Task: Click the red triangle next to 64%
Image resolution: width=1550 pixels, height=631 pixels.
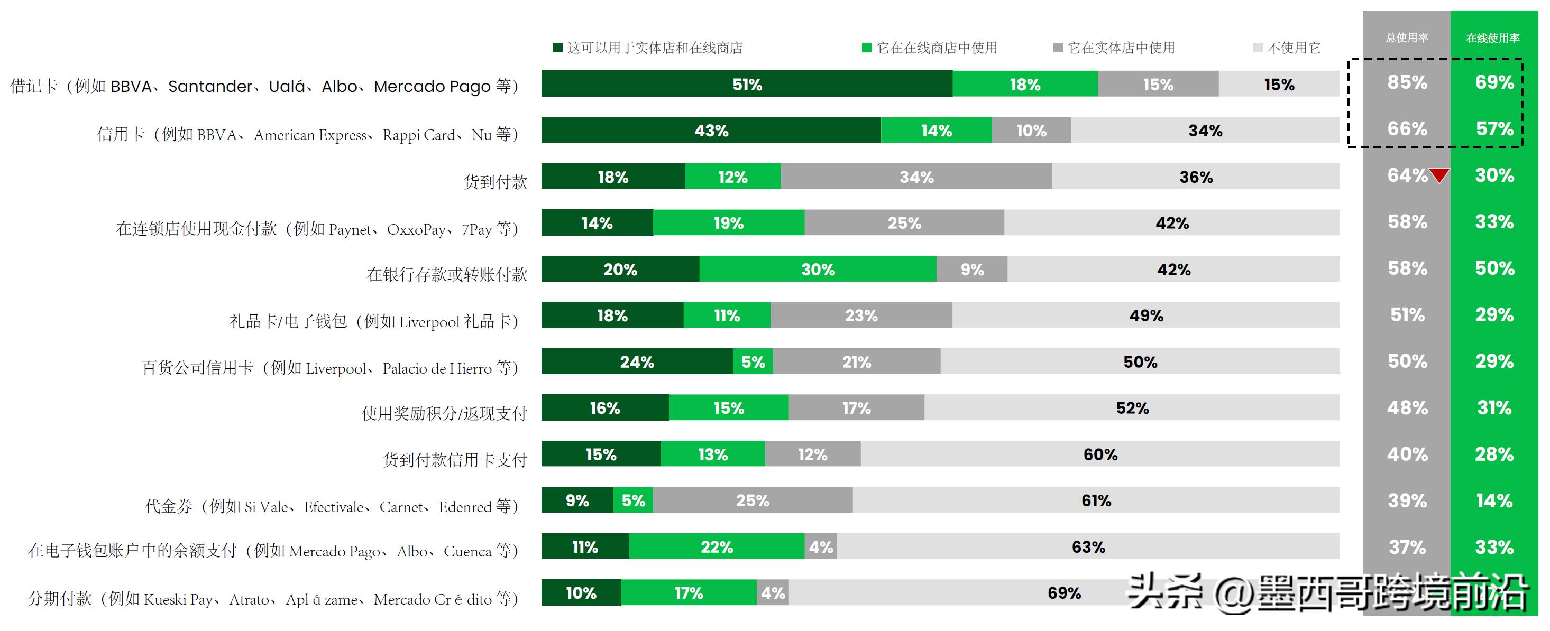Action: pyautogui.click(x=1439, y=175)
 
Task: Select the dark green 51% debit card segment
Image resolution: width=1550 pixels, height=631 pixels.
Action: pyautogui.click(x=747, y=84)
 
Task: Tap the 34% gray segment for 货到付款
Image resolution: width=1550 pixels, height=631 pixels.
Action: pyautogui.click(x=916, y=177)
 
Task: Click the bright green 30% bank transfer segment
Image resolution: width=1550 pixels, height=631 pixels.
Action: pyautogui.click(x=817, y=270)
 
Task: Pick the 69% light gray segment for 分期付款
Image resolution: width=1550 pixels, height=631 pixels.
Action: pyautogui.click(x=1064, y=593)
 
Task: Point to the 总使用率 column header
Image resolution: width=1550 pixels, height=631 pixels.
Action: pyautogui.click(x=1407, y=38)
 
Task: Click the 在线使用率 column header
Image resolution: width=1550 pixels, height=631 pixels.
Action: pyautogui.click(x=1493, y=39)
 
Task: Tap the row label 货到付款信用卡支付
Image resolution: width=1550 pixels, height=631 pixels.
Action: pyautogui.click(x=455, y=460)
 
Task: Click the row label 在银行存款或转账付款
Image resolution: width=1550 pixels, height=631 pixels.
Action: pyautogui.click(x=446, y=275)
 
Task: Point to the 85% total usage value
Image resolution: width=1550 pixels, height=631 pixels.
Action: pyautogui.click(x=1407, y=82)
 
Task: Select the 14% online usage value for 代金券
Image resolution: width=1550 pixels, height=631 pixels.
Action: pyautogui.click(x=1494, y=500)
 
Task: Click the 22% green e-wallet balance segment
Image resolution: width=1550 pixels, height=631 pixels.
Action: pyautogui.click(x=716, y=547)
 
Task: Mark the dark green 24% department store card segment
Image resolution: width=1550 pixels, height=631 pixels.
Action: pyautogui.click(x=637, y=362)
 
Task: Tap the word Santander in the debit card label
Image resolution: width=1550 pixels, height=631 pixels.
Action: pyautogui.click(x=210, y=87)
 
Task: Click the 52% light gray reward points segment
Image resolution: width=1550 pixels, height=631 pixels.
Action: pyautogui.click(x=1132, y=408)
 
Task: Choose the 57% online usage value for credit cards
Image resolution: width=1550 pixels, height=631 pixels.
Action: pyautogui.click(x=1494, y=129)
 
